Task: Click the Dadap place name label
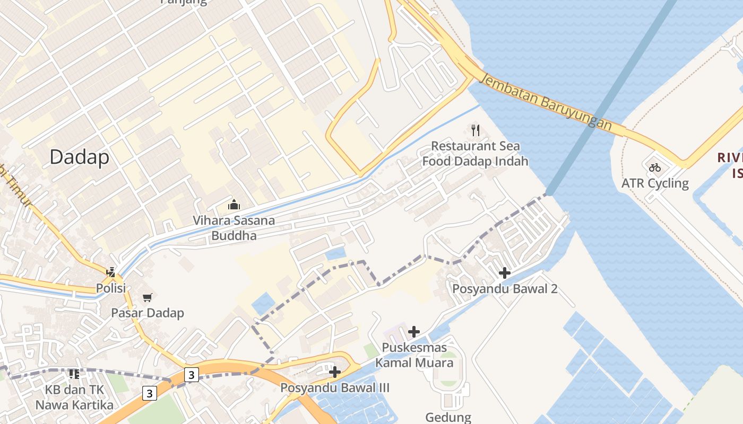click(x=80, y=157)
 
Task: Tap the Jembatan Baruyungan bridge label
click(x=545, y=102)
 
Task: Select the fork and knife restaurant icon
click(x=476, y=130)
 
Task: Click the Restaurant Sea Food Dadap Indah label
click(x=476, y=154)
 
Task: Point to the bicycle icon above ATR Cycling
click(x=655, y=167)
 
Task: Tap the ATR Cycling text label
click(x=655, y=183)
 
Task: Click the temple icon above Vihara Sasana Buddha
click(x=234, y=205)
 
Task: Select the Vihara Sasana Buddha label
click(x=234, y=228)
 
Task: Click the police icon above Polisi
click(x=111, y=272)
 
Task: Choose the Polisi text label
click(x=111, y=288)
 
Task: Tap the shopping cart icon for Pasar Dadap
click(x=147, y=297)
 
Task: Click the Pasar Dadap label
click(x=147, y=313)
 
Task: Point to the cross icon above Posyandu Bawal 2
click(x=504, y=273)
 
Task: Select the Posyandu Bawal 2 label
click(x=504, y=289)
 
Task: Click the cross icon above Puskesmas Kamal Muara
click(x=414, y=332)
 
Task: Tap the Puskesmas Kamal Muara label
click(x=414, y=356)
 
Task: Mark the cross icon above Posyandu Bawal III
click(x=334, y=372)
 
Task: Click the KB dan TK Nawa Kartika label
click(x=74, y=397)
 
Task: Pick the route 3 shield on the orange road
click(x=191, y=375)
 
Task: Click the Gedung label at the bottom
click(x=448, y=417)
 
